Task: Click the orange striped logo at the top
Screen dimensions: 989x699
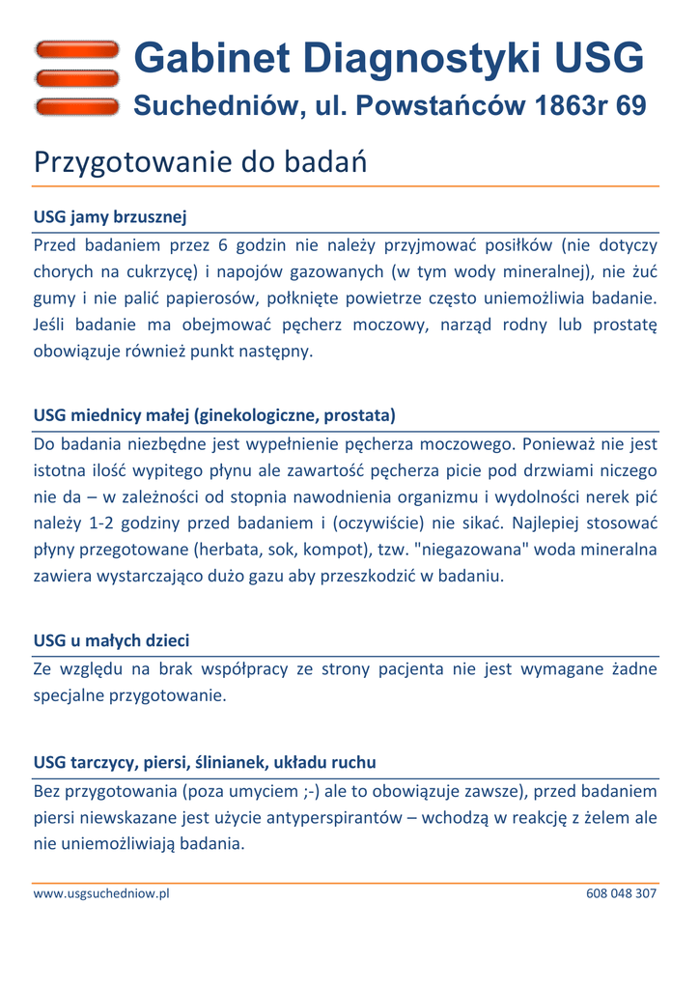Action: (76, 77)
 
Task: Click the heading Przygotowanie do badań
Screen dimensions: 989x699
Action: (200, 162)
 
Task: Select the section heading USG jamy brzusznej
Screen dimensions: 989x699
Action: (109, 215)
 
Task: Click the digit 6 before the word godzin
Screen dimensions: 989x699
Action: (221, 244)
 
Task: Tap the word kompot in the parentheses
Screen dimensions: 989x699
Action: (326, 551)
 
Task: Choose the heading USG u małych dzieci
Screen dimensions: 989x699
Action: (111, 640)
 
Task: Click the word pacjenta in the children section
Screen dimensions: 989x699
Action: (403, 668)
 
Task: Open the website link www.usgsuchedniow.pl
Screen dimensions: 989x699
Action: (101, 893)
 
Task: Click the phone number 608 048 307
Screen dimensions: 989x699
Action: (621, 893)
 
